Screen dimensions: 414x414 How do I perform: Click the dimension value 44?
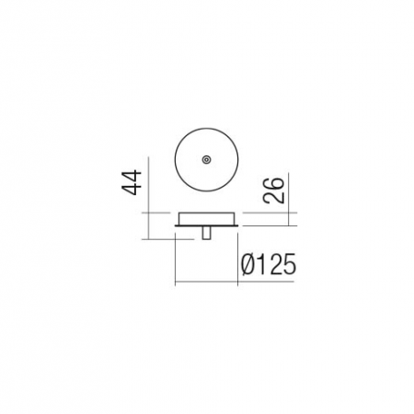pos(132,182)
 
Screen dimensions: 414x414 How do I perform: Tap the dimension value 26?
pos(274,190)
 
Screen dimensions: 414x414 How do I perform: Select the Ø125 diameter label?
pos(269,264)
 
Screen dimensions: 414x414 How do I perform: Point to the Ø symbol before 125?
pos(248,264)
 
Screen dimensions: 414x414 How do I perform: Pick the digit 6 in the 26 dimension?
pos(274,183)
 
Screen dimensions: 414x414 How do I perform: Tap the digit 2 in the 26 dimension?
pos(274,197)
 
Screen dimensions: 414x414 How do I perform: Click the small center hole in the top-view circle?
pos(206,159)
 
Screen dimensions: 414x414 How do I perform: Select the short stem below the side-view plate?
pos(206,233)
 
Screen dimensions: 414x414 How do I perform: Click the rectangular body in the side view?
pos(206,219)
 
